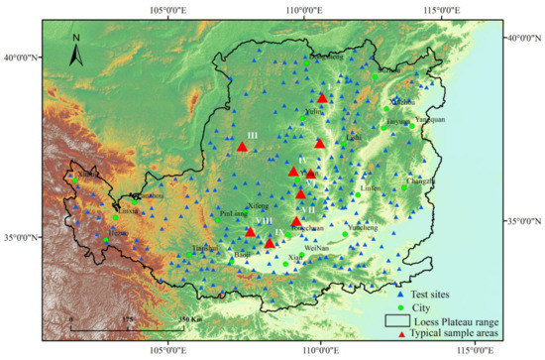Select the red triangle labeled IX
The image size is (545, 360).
click(270, 242)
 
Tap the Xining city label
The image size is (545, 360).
click(88, 175)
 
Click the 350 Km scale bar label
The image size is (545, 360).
click(190, 318)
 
